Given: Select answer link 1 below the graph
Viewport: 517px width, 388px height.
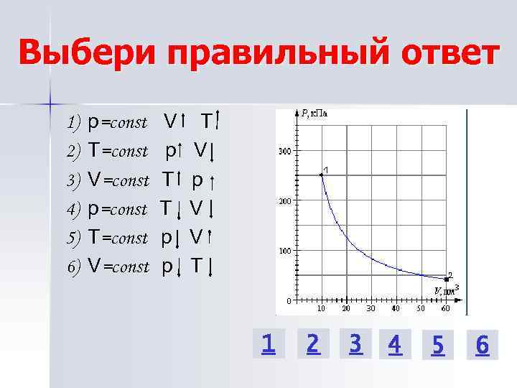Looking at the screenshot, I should tap(268, 346).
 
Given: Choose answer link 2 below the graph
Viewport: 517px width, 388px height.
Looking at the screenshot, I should tap(312, 345).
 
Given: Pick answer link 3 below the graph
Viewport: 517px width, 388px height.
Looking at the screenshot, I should tap(355, 345).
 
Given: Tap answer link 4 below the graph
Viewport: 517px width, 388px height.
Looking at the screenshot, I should tap(393, 346).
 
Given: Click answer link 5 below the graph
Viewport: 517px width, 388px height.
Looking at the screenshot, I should tap(438, 346).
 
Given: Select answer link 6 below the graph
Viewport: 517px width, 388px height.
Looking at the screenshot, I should tap(482, 346).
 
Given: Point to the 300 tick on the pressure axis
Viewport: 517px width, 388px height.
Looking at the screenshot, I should tap(284, 152).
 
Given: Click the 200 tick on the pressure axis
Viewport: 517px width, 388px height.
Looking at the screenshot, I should tap(284, 201).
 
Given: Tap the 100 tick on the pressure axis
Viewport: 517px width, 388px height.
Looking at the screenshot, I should tap(284, 251).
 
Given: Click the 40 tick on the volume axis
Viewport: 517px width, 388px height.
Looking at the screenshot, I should tap(396, 308).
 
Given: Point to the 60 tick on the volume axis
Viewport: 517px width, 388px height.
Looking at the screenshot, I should tap(446, 308).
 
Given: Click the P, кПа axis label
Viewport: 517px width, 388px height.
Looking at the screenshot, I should tap(313, 113).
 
